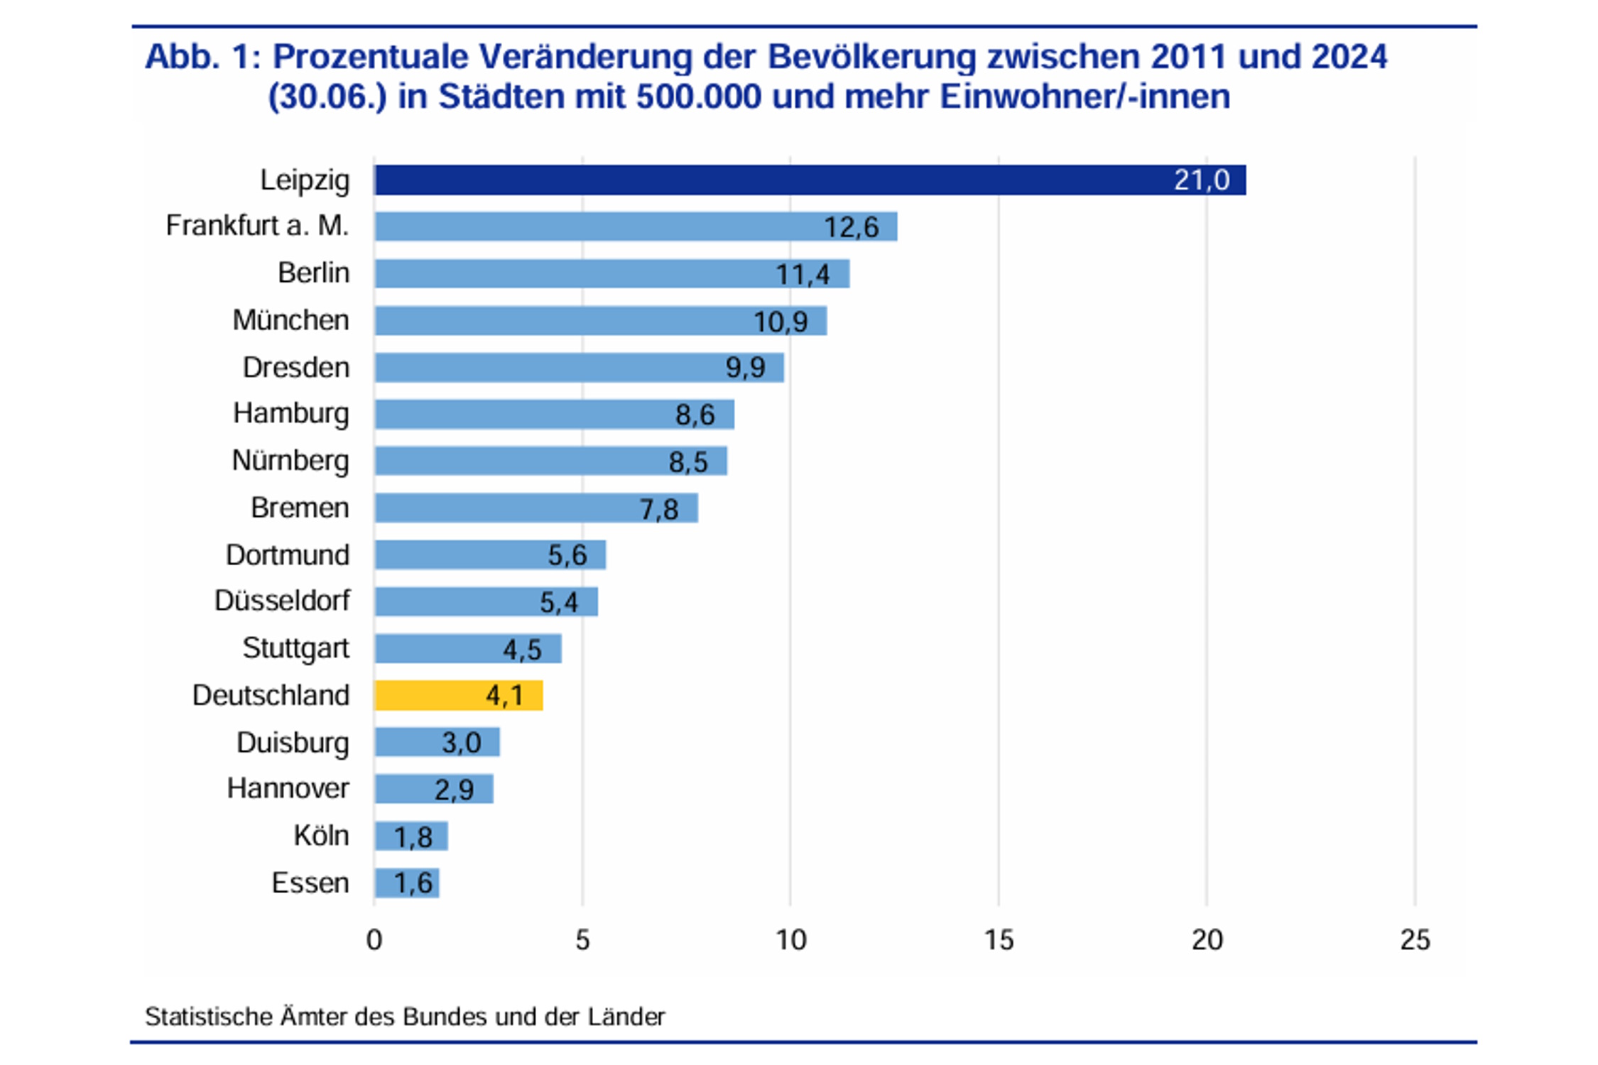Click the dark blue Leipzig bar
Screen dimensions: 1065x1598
tap(810, 180)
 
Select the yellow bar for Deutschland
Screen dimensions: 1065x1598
tap(458, 695)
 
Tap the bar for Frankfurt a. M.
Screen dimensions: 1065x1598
tap(636, 226)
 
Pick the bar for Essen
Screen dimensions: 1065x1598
tap(406, 883)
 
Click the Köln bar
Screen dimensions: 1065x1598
tap(411, 836)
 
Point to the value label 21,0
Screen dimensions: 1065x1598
tap(1201, 180)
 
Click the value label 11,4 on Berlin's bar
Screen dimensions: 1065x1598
tap(802, 274)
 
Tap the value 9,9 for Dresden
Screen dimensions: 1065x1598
tap(745, 368)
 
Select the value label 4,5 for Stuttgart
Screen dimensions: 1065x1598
tap(522, 650)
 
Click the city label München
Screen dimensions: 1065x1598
tap(290, 320)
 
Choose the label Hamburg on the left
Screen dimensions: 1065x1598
tap(290, 413)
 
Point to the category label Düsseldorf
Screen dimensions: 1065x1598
tap(282, 601)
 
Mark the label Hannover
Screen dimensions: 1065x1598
tap(288, 788)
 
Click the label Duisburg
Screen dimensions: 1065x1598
tap(293, 743)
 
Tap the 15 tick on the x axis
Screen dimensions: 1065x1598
tap(999, 940)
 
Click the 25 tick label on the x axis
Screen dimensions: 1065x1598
tap(1415, 940)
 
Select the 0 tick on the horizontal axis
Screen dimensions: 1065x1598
tap(374, 940)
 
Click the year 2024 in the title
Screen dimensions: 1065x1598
tap(1349, 57)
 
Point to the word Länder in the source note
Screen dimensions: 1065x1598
tap(626, 1017)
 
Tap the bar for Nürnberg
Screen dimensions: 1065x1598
tap(550, 461)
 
